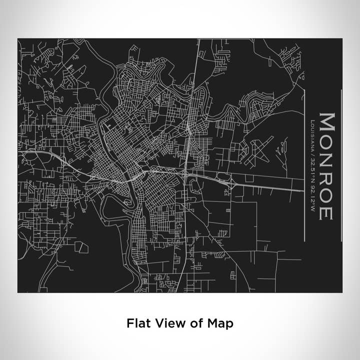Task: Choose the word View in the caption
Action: point(165,323)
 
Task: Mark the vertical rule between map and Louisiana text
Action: point(304,165)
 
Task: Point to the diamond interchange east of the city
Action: point(230,181)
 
